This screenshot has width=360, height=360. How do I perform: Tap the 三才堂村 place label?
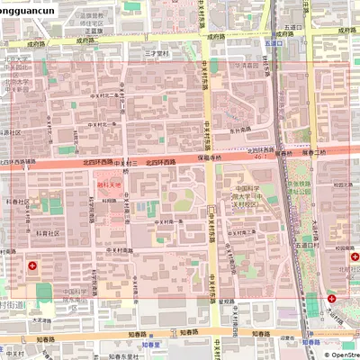click(158, 54)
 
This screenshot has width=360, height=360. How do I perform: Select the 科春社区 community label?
click(18, 202)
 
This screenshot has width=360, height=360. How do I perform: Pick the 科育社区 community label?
click(47, 232)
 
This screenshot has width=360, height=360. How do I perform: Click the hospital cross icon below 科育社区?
click(33, 265)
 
